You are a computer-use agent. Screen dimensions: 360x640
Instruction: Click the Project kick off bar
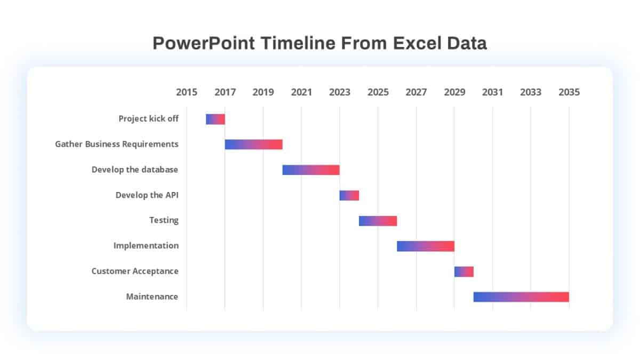(215, 119)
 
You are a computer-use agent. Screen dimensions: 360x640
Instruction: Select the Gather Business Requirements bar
(253, 145)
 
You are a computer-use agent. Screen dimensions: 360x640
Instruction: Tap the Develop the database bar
(311, 170)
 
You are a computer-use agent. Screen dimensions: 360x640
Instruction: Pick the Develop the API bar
(349, 195)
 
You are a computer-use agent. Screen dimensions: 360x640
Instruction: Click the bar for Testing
(378, 221)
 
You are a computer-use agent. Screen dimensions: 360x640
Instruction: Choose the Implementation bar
(426, 246)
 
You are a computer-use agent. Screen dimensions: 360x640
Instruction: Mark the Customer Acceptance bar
(464, 271)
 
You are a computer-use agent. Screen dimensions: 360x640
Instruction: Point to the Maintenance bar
(521, 297)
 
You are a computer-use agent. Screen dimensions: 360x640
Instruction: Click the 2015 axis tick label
(187, 92)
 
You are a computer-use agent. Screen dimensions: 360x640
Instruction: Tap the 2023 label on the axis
(340, 92)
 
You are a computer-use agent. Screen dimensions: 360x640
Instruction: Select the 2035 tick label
(569, 92)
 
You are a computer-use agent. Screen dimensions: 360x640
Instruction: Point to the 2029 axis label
(454, 92)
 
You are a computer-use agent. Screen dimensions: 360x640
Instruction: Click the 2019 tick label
(263, 92)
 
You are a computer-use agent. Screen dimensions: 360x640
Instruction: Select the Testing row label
(164, 220)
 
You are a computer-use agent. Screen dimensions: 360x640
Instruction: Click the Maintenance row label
(152, 297)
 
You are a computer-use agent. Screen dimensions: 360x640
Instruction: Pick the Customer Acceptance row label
(135, 271)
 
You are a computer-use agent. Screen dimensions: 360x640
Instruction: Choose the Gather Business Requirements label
(117, 144)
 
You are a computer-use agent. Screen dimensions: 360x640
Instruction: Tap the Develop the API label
(147, 195)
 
